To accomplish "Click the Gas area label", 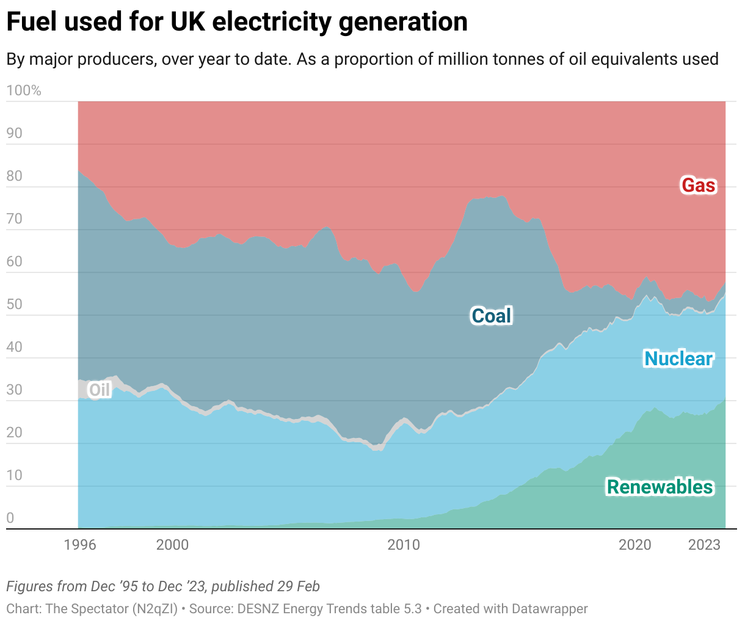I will [x=698, y=185].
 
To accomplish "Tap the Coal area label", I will [x=491, y=316].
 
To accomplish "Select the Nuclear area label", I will [x=678, y=359].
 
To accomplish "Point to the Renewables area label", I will [x=660, y=487].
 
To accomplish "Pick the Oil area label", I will [x=100, y=390].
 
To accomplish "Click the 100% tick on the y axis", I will [x=24, y=91].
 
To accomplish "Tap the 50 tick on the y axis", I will [x=14, y=304].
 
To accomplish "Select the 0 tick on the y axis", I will [x=10, y=518].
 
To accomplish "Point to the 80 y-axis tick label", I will [x=14, y=176].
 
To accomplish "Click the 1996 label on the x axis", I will [x=80, y=544].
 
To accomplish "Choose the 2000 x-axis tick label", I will [x=172, y=544].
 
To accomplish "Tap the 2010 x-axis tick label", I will [x=404, y=544].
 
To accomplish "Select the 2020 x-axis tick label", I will [x=635, y=544].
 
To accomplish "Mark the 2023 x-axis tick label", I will [x=704, y=544].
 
